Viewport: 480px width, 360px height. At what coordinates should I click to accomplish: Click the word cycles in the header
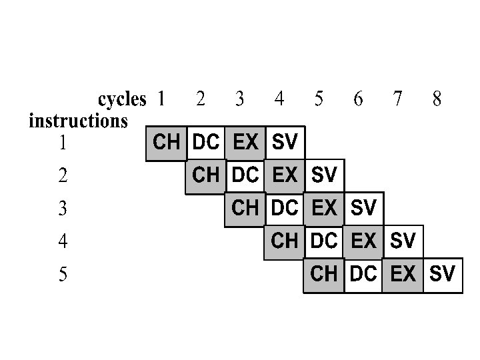(x=122, y=100)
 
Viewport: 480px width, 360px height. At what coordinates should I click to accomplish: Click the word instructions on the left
(x=78, y=121)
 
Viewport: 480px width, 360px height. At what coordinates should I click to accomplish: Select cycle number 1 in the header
(x=161, y=99)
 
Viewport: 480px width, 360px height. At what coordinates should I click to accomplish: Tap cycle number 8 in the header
(x=437, y=99)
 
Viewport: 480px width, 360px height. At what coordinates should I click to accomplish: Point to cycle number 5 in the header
(x=319, y=99)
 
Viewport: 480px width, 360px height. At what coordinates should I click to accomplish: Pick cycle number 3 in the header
(x=240, y=99)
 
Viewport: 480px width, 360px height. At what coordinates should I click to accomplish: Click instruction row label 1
(x=63, y=143)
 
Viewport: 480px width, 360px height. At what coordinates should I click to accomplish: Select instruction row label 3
(x=63, y=209)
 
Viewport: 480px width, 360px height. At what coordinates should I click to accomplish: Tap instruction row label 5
(x=63, y=274)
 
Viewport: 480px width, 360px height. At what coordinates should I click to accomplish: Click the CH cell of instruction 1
(x=166, y=143)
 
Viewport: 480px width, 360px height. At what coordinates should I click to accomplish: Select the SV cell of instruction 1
(x=285, y=143)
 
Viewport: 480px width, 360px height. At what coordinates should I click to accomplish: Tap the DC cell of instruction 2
(x=245, y=175)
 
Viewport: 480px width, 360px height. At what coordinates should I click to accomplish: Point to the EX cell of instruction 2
(x=285, y=175)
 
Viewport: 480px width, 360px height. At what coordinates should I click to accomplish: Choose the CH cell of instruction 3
(x=245, y=208)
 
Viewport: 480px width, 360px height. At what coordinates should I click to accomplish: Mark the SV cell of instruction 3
(x=363, y=208)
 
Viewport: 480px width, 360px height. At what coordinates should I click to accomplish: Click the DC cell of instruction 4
(x=324, y=241)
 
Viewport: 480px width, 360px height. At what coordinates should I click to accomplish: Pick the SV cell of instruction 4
(x=403, y=241)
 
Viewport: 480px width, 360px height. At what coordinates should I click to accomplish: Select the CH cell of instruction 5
(x=324, y=273)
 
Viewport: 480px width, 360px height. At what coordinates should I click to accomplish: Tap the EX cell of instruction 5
(x=403, y=273)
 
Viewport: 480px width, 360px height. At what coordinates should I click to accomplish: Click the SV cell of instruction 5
(x=442, y=273)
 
